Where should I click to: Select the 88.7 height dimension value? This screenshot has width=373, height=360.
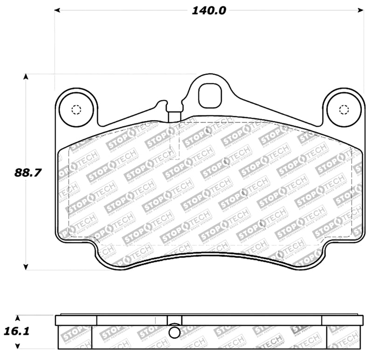[28, 172]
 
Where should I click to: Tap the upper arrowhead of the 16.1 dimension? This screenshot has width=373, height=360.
[18, 318]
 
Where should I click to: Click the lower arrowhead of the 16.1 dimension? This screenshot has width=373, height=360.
[18, 346]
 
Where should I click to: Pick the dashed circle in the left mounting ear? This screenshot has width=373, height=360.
[76, 110]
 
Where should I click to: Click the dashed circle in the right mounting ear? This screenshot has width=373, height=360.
[344, 110]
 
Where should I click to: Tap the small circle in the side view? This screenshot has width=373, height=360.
[174, 333]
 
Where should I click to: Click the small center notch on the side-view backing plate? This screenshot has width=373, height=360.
[174, 320]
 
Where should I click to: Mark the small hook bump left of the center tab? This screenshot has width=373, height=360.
[163, 102]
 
